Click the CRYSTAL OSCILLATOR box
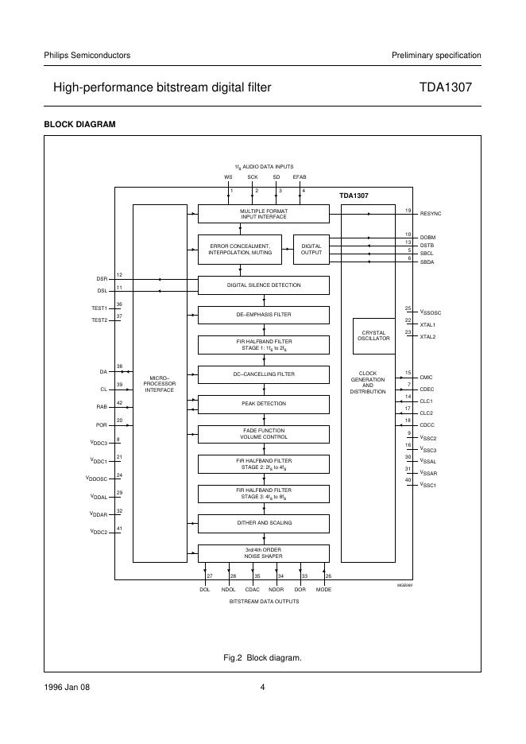tap(376, 335)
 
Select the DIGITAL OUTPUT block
tap(311, 250)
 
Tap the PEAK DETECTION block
tap(263, 404)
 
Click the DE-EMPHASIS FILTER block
tap(263, 315)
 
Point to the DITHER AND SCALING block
tap(263, 523)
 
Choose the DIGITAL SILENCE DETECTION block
tap(263, 285)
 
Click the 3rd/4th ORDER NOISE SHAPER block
tap(263, 553)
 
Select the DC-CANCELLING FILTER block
tap(263, 374)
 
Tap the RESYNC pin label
tap(430, 215)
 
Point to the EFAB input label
tap(300, 176)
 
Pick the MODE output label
tap(323, 589)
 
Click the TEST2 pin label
tap(99, 320)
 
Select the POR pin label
tap(102, 425)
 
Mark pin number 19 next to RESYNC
tap(408, 211)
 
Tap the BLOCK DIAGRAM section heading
tap(79, 124)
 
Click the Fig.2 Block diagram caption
tap(263, 657)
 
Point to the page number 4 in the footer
tap(262, 688)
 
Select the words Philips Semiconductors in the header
tap(87, 55)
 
